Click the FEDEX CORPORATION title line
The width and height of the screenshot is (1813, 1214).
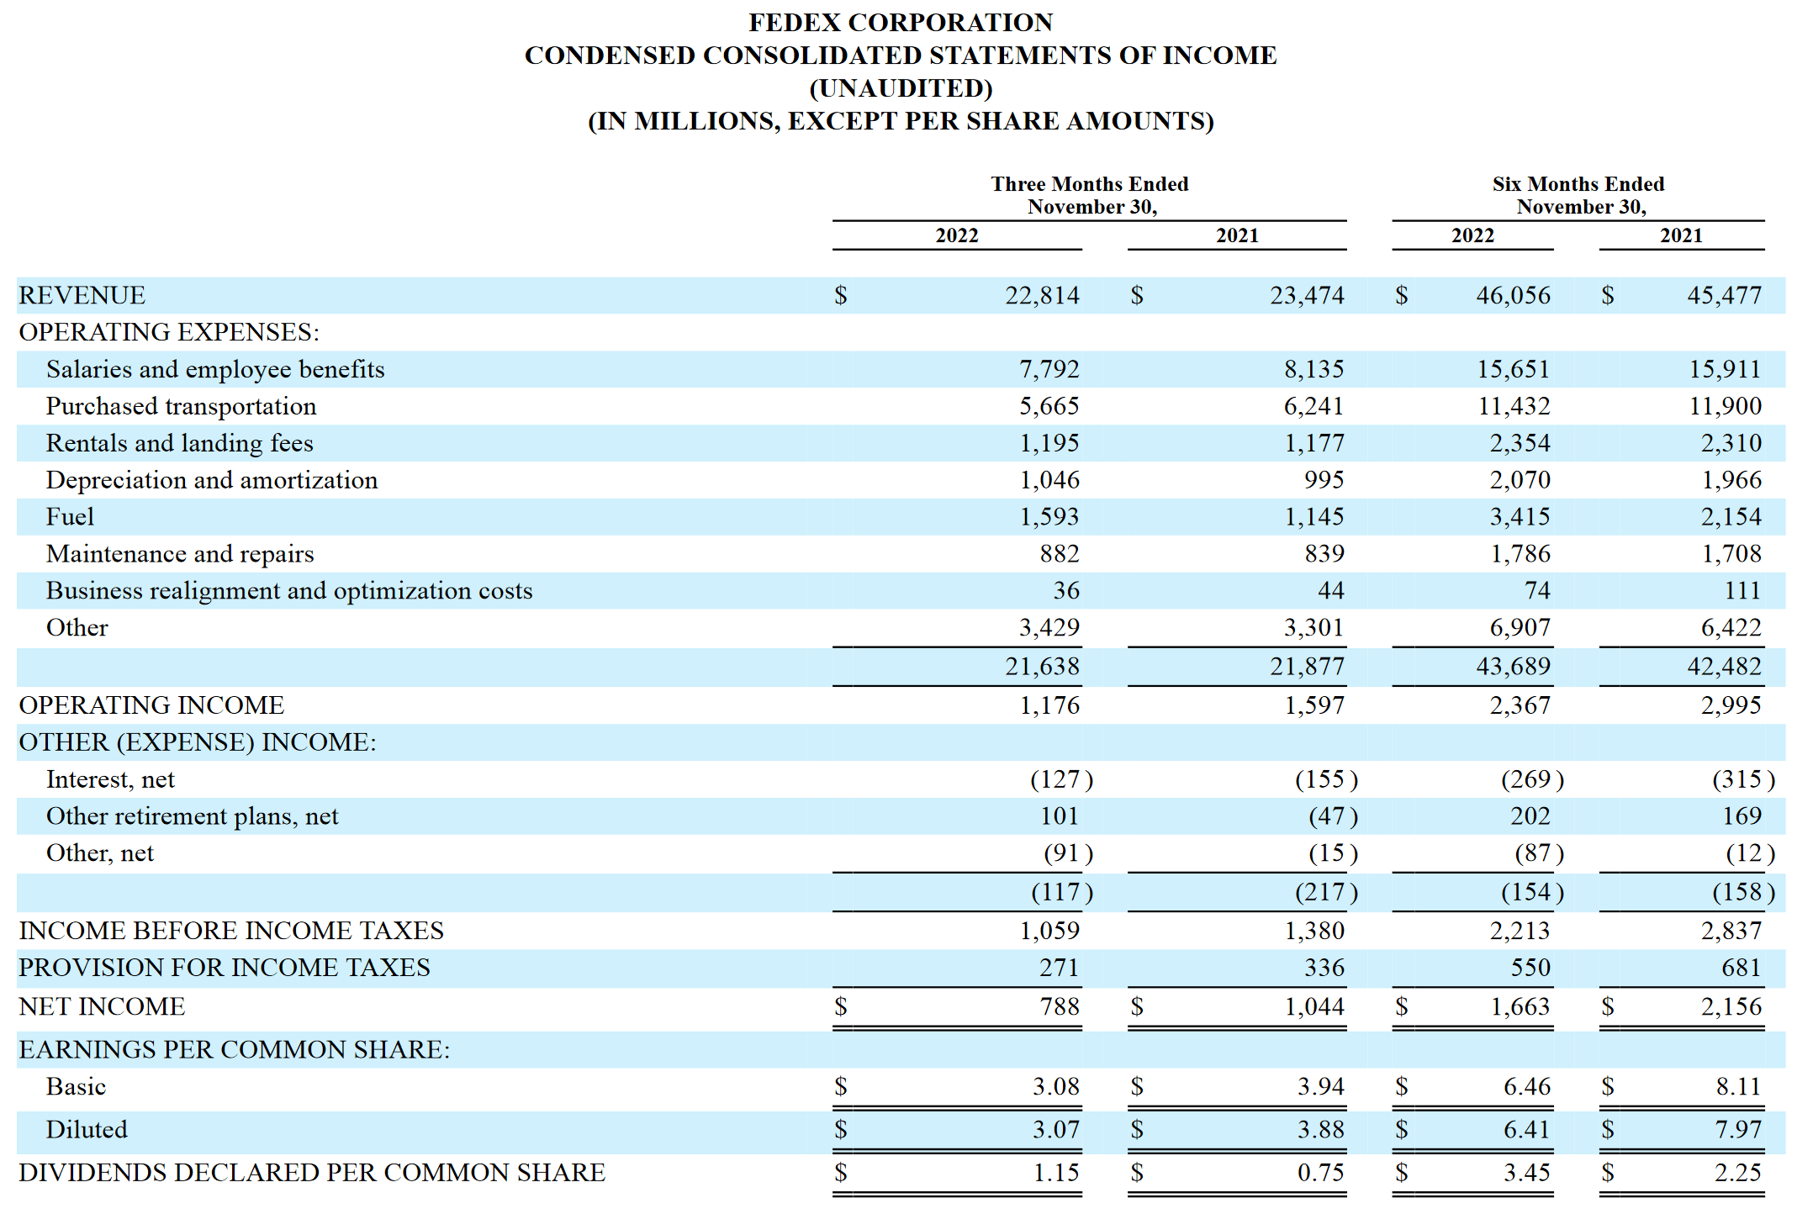(901, 23)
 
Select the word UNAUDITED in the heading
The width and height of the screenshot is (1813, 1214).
(901, 88)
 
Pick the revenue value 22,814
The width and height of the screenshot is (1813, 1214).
(1042, 296)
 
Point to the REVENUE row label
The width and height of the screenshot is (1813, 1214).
(82, 296)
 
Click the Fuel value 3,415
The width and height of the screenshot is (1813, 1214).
(1520, 517)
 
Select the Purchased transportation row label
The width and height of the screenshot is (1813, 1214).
(181, 407)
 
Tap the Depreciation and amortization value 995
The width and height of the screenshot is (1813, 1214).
(1324, 480)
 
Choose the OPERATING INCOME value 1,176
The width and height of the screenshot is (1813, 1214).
(1049, 705)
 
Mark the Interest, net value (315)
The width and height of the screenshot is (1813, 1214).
(1742, 779)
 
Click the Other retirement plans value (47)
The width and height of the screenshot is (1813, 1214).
(1332, 816)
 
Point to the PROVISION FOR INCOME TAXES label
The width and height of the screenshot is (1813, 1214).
(225, 968)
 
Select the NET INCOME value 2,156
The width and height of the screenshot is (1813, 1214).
(1731, 1007)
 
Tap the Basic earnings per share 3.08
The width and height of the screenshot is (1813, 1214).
(1055, 1087)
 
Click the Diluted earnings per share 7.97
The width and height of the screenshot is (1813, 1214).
(1737, 1130)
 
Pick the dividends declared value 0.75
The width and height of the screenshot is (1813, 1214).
(1320, 1173)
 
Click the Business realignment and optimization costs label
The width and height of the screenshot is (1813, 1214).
(289, 591)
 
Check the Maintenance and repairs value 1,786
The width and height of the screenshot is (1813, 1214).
(1520, 554)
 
